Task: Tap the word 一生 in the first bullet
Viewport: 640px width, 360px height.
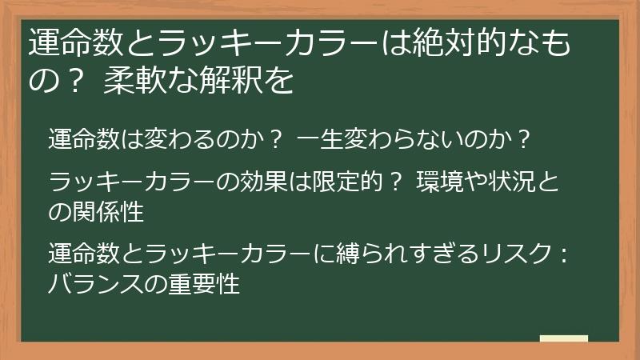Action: click(319, 140)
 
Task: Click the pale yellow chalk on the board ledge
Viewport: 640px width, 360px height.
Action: click(563, 338)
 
